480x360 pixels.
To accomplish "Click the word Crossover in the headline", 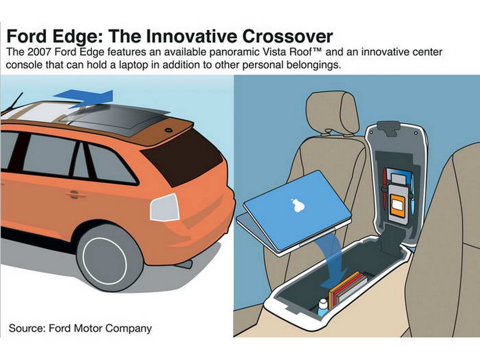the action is click(x=287, y=37).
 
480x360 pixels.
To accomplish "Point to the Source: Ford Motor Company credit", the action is click(x=80, y=329).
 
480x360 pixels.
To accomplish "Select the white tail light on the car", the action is click(x=165, y=208).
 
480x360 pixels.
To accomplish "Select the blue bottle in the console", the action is click(x=322, y=307).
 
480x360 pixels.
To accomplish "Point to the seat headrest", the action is click(x=333, y=112).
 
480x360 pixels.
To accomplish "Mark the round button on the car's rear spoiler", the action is click(x=168, y=130).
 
